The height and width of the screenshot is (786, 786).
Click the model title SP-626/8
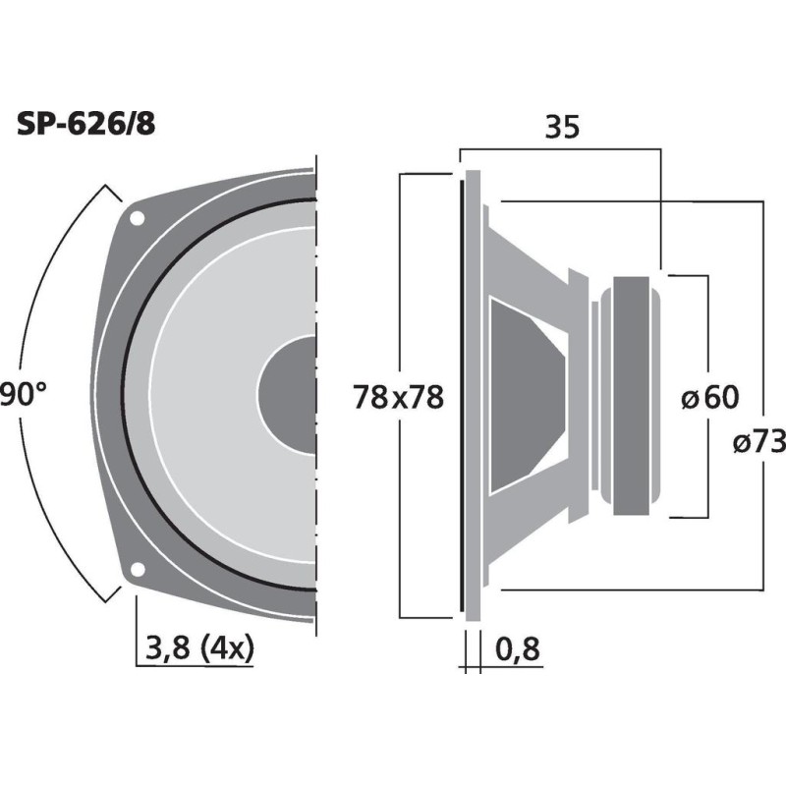pyautogui.click(x=85, y=124)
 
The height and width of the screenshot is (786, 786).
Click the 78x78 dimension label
pyautogui.click(x=398, y=398)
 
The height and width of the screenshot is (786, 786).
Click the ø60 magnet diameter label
pyautogui.click(x=709, y=398)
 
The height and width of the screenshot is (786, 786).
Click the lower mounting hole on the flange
pyautogui.click(x=137, y=568)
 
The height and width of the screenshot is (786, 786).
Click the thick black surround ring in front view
pyautogui.click(x=126, y=393)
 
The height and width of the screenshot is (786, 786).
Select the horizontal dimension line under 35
pyautogui.click(x=560, y=149)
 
